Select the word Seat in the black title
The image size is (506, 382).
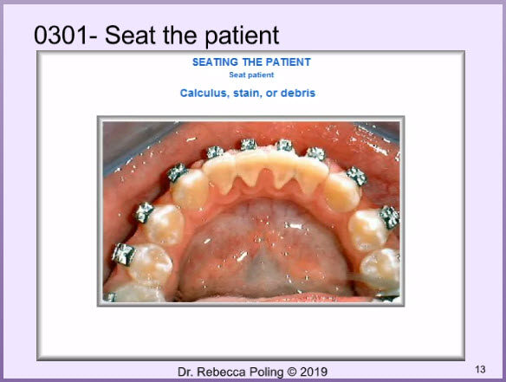tap(130, 36)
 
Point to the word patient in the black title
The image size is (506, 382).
tap(242, 36)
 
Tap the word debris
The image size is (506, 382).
tap(298, 93)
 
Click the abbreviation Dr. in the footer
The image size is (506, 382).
tap(185, 372)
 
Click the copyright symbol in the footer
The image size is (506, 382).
tap(292, 372)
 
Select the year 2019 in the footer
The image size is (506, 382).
tap(314, 372)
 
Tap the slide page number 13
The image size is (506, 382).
tap(480, 369)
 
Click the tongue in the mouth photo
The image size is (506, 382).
tap(263, 252)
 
